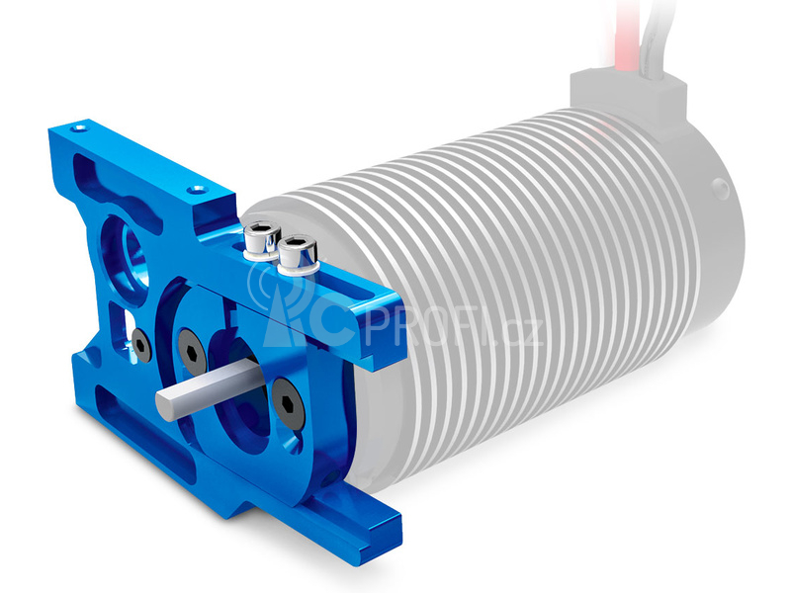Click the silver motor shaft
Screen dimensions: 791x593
[207, 386]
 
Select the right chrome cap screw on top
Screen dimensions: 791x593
[298, 255]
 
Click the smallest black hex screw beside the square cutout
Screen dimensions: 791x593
[140, 346]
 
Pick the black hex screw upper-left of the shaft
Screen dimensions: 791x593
[192, 352]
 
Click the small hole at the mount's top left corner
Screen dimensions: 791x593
[77, 128]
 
